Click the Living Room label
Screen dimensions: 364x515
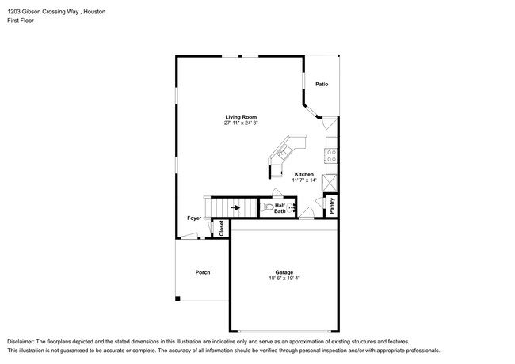coord(241,117)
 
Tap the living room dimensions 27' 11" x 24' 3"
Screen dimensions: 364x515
coord(241,123)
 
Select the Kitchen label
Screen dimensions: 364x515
coord(304,174)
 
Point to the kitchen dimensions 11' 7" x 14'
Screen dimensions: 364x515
coord(304,180)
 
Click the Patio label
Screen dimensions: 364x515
coord(322,84)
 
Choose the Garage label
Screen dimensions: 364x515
coord(284,271)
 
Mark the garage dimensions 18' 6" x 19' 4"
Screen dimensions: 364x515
coord(284,278)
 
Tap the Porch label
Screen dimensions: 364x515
coord(203,272)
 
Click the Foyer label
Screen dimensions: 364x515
coord(194,218)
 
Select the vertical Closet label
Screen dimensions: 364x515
coord(222,228)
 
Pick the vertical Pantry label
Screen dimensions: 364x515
coord(331,206)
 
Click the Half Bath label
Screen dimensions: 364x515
coord(280,208)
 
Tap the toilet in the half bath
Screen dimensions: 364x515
coord(265,208)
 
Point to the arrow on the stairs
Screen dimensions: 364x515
coord(235,209)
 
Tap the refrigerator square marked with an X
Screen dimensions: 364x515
coord(331,181)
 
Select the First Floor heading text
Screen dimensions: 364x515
coord(21,21)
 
